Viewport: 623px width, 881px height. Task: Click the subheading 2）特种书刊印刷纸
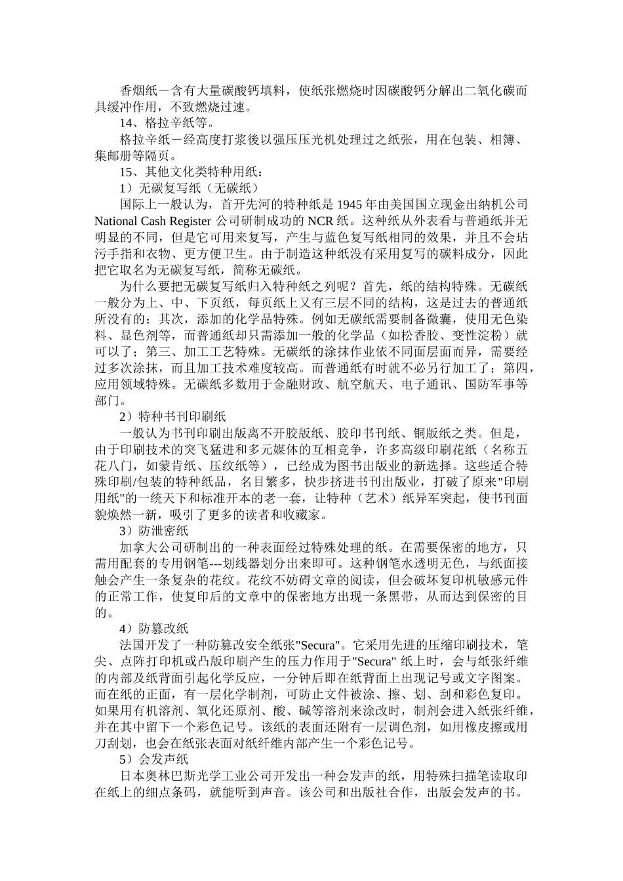(172, 416)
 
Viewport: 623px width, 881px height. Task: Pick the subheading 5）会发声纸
(154, 759)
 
